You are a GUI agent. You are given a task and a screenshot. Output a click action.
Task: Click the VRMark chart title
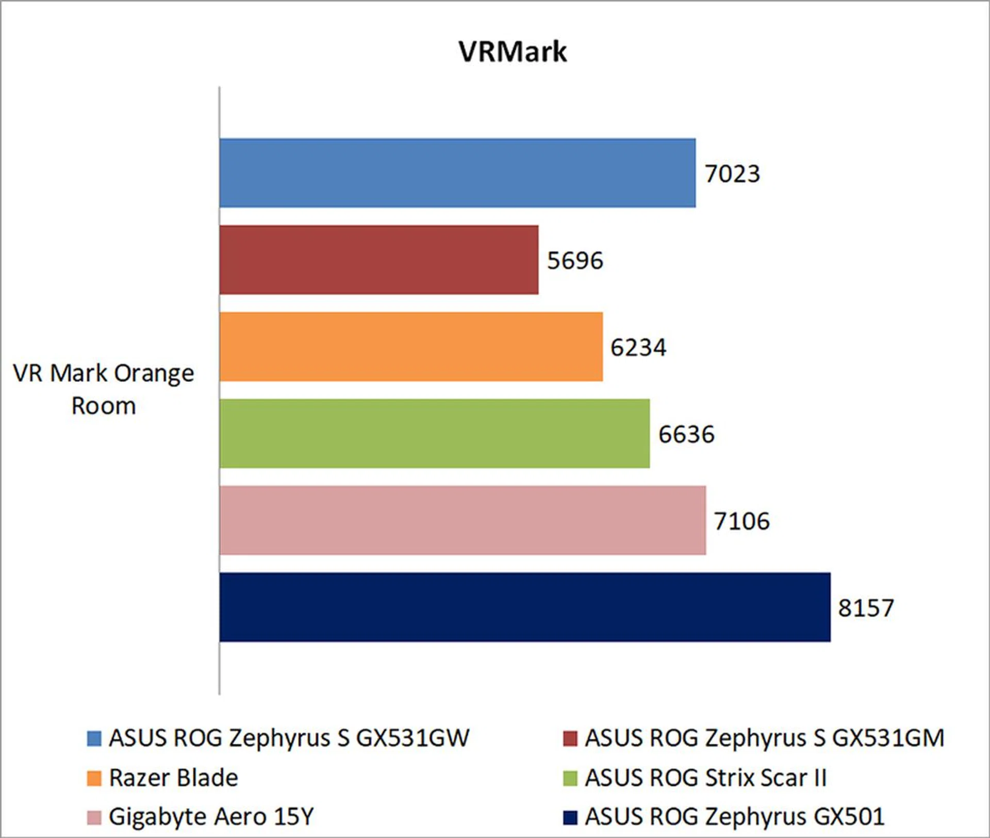pos(513,52)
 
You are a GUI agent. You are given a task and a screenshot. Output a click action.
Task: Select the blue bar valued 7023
pos(457,173)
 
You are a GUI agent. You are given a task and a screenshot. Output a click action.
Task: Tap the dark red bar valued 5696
pos(379,260)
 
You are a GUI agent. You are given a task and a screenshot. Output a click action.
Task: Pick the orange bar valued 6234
pos(411,347)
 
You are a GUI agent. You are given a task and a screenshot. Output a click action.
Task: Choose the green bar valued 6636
pos(434,433)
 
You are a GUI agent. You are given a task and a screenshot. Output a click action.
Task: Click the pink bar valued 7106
pos(463,520)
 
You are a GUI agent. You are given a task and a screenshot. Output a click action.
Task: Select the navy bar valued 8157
pos(525,607)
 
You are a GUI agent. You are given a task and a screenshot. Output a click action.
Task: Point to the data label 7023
pos(732,174)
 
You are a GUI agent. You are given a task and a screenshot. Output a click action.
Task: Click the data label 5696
pos(575,261)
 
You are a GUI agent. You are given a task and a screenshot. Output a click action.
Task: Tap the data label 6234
pos(638,347)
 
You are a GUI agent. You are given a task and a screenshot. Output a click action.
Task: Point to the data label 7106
pos(741,521)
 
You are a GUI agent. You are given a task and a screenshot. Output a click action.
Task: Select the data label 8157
pos(866,608)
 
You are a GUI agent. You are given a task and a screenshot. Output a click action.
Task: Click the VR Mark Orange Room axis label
pos(104,389)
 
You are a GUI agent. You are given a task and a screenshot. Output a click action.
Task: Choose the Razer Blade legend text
pos(174,778)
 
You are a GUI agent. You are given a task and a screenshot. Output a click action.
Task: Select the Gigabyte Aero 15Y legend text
pos(211,817)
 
